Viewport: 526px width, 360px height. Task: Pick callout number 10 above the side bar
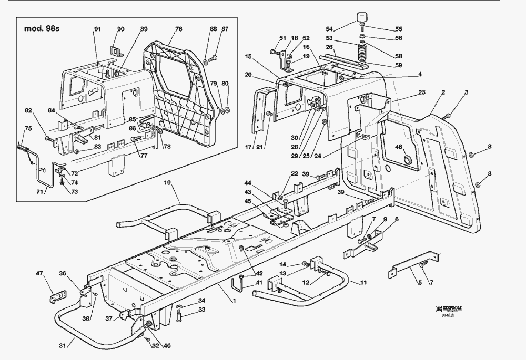pyautogui.click(x=167, y=183)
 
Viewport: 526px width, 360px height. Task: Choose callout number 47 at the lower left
pyautogui.click(x=39, y=273)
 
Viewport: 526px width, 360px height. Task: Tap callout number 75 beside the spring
pyautogui.click(x=28, y=128)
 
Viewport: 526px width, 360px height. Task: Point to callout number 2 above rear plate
pyautogui.click(x=443, y=92)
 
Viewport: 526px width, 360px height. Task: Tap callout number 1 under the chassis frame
pyautogui.click(x=232, y=299)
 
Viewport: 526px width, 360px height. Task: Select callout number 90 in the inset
pyautogui.click(x=120, y=28)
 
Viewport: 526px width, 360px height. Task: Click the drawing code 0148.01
pyautogui.click(x=448, y=315)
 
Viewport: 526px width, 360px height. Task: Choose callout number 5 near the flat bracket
pyautogui.click(x=420, y=283)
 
